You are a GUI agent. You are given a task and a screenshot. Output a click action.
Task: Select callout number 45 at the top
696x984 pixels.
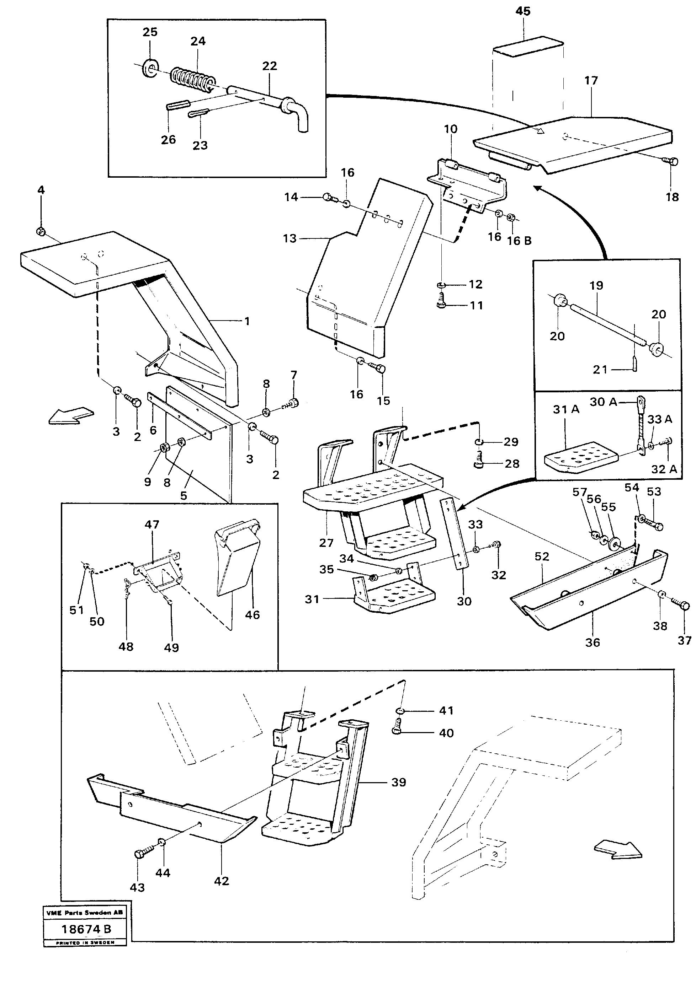(523, 11)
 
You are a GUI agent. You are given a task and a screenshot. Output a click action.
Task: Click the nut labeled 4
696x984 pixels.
(41, 231)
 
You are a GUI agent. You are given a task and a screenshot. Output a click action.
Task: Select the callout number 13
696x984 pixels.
(289, 238)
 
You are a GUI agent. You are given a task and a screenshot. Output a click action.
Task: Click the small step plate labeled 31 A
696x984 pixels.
(580, 458)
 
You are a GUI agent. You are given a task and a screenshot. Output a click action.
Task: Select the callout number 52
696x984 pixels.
(542, 556)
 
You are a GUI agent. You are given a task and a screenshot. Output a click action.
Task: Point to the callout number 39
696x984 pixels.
(398, 782)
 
